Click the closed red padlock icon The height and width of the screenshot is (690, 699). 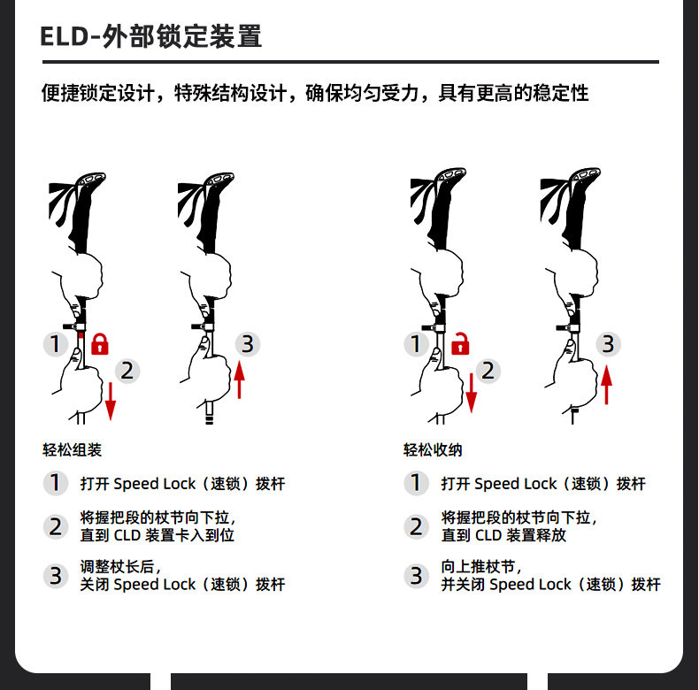pos(100,343)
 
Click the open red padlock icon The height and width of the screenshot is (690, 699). pos(460,343)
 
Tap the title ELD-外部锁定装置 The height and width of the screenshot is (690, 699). pos(150,36)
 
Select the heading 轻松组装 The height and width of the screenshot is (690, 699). pos(73,449)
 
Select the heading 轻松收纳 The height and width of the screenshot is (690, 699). pos(433,449)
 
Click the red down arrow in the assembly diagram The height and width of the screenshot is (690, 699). pos(111,401)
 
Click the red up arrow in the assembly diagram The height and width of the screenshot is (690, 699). pos(240,379)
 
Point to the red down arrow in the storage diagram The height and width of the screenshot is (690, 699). pos(472,393)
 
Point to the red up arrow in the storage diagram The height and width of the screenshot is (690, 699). pos(606,385)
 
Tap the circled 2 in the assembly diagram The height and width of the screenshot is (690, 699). pos(127,371)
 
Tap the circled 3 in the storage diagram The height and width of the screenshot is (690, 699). pos(608,344)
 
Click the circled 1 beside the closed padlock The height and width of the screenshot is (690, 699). pos(55,344)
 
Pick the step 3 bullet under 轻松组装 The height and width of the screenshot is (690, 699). pos(55,576)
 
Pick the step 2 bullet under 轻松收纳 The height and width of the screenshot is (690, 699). pos(416,526)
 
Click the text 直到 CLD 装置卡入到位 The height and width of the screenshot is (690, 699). pos(157,535)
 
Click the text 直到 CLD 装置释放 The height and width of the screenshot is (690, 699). pos(503,535)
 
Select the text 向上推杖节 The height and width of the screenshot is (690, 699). pos(478,566)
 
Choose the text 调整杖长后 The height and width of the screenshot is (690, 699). pos(118,566)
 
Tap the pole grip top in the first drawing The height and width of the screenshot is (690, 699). pos(91,180)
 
